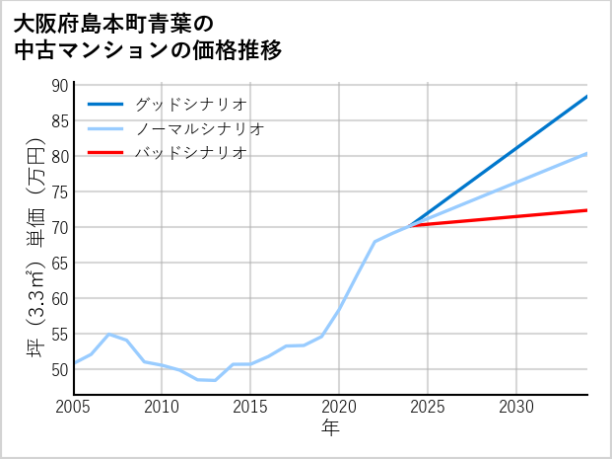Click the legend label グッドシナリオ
click(x=191, y=104)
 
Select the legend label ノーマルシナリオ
click(x=200, y=128)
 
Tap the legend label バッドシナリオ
click(x=191, y=153)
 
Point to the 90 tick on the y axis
click(x=60, y=86)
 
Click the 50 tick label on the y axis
click(x=60, y=369)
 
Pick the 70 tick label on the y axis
click(x=60, y=227)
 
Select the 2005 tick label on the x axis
click(x=74, y=407)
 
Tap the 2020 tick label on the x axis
click(x=339, y=407)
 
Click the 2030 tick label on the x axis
click(x=516, y=407)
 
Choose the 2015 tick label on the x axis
click(x=250, y=407)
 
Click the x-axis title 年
click(x=330, y=428)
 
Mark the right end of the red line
click(x=587, y=210)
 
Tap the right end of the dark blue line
click(x=587, y=97)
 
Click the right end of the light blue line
click(x=587, y=153)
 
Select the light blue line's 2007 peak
click(x=108, y=335)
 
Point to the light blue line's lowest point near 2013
click(x=215, y=380)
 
